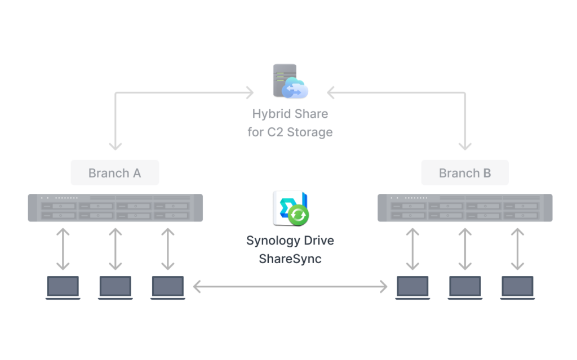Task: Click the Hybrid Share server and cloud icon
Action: (x=290, y=81)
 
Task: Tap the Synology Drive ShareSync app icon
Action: (x=290, y=208)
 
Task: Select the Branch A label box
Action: (x=115, y=172)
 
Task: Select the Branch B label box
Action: (x=465, y=172)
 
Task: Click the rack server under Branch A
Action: (x=115, y=208)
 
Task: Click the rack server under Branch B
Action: (x=465, y=208)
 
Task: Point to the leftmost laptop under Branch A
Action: (x=63, y=287)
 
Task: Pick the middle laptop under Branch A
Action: (x=115, y=287)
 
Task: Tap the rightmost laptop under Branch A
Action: (x=168, y=287)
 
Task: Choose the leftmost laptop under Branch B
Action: (x=412, y=287)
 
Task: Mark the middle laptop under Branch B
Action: (x=465, y=287)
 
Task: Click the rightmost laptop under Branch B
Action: (x=517, y=287)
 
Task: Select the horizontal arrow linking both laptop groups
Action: (x=290, y=286)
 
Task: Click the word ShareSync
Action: (x=290, y=259)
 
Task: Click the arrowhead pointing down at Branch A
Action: (x=115, y=146)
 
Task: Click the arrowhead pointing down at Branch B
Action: (x=465, y=146)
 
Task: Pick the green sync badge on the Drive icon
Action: (x=298, y=215)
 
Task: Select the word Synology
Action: (x=272, y=241)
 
